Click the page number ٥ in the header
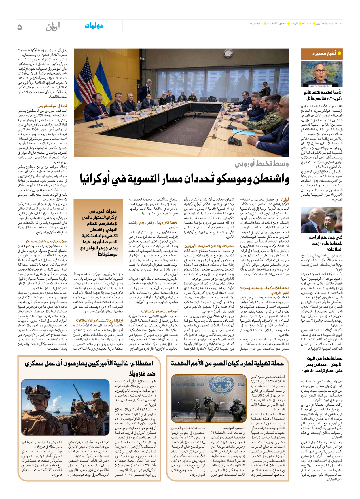(x=20, y=27)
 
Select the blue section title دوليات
(x=94, y=26)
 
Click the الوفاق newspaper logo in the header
(x=53, y=27)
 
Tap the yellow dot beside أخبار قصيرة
(x=339, y=53)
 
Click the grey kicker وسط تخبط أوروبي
(x=262, y=164)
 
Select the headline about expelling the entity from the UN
(x=228, y=363)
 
